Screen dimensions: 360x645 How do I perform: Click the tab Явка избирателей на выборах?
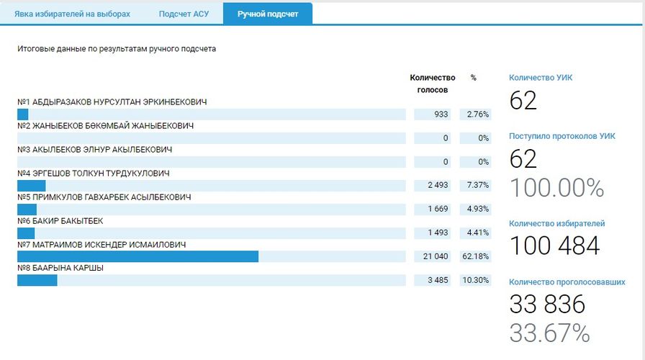pyautogui.click(x=72, y=14)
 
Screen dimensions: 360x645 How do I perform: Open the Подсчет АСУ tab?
pyautogui.click(x=184, y=14)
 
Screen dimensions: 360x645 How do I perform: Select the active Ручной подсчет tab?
pyautogui.click(x=268, y=14)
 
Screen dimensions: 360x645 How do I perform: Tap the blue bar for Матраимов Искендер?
pyautogui.click(x=137, y=257)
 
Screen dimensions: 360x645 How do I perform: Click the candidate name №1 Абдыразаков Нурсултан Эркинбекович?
pyautogui.click(x=112, y=102)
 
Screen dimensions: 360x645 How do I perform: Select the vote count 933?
pyautogui.click(x=441, y=114)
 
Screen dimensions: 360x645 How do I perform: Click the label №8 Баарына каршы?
pyautogui.click(x=60, y=269)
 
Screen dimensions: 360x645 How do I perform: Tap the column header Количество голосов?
pyautogui.click(x=433, y=84)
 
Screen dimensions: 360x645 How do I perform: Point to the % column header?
pyautogui.click(x=473, y=78)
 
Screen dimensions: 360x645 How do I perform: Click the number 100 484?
pyautogui.click(x=554, y=246)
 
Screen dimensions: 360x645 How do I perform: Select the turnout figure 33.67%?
pyautogui.click(x=549, y=333)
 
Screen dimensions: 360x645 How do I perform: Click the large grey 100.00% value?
pyautogui.click(x=556, y=187)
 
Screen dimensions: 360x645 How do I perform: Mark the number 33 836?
pyautogui.click(x=547, y=305)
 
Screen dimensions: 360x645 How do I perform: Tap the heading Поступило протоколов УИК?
pyautogui.click(x=562, y=135)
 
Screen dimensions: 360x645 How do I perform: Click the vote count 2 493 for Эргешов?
pyautogui.click(x=437, y=186)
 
